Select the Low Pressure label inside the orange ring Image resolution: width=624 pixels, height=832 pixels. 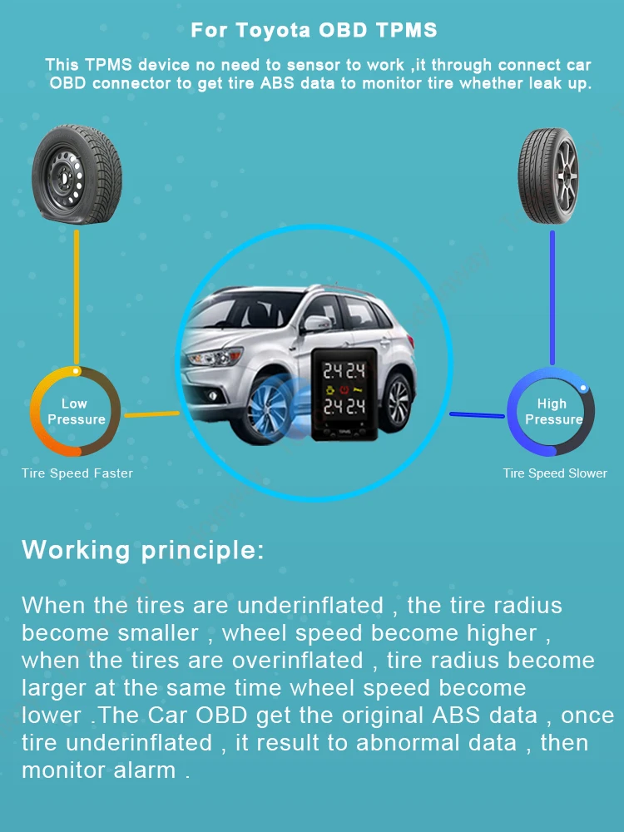(75, 412)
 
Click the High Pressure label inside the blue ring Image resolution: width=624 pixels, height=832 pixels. (552, 412)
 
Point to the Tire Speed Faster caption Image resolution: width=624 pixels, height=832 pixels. (77, 473)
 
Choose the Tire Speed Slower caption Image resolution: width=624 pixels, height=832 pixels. (555, 473)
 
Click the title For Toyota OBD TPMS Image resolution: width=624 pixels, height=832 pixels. (314, 31)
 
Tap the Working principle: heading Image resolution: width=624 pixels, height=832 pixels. (142, 550)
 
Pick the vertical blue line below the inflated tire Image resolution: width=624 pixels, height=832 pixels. (552, 297)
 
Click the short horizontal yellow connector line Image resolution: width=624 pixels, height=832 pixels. (151, 414)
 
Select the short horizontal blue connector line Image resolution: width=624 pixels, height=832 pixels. (478, 414)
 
